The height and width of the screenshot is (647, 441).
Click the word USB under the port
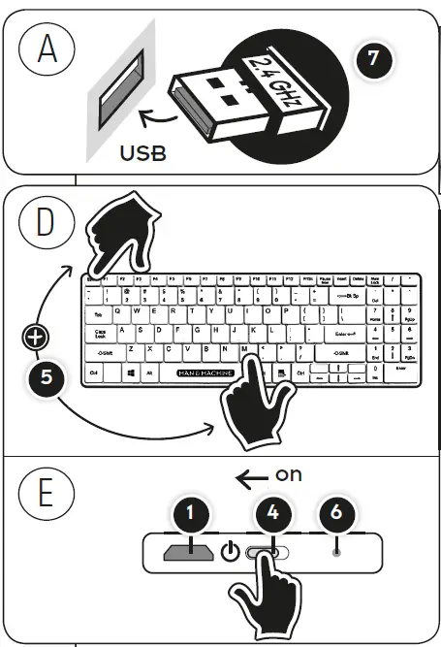tap(142, 152)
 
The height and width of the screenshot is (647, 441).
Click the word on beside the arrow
tap(290, 475)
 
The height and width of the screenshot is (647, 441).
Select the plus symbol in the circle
tap(37, 338)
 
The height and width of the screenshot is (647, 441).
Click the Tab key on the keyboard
tap(99, 314)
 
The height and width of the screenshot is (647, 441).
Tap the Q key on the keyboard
tap(119, 312)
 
